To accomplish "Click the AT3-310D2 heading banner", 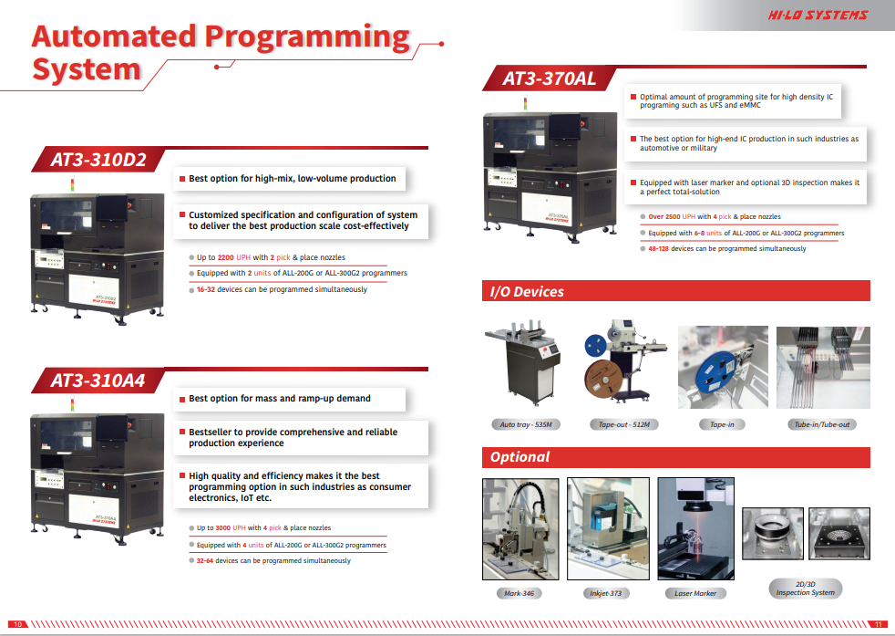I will pos(98,160).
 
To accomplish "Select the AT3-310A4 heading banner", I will pos(98,380).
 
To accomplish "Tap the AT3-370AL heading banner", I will pos(549,78).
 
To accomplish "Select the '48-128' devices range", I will pos(658,248).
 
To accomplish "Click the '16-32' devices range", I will pos(206,289).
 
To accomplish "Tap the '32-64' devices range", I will pos(206,560).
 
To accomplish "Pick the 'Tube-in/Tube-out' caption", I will pos(821,425).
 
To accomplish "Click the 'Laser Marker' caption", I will pos(695,593).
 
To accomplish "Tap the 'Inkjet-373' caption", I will pos(605,593).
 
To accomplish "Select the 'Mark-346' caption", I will pos(520,593).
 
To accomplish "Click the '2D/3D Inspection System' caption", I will pos(805,588).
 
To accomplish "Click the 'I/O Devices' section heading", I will pos(527,292).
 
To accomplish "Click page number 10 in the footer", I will pos(20,624).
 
